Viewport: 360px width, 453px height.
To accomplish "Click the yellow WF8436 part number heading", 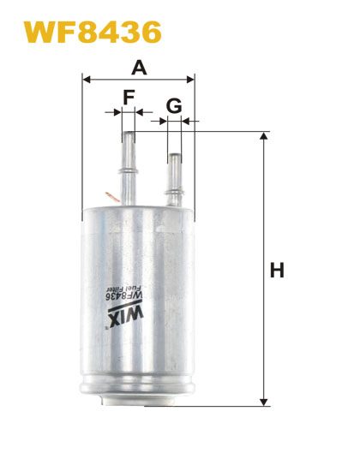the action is click(x=93, y=32).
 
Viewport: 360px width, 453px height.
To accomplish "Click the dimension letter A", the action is click(x=139, y=68).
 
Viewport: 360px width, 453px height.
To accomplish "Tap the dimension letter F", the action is click(x=129, y=97).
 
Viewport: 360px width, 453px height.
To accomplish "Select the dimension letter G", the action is click(x=174, y=105).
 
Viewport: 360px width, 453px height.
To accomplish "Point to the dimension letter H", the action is click(x=277, y=270).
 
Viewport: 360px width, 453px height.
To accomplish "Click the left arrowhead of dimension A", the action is click(x=87, y=80).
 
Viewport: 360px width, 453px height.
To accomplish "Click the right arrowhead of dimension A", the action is click(x=190, y=80).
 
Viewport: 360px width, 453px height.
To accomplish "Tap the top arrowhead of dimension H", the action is click(x=263, y=136).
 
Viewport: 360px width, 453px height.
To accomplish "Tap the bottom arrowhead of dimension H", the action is click(x=263, y=402).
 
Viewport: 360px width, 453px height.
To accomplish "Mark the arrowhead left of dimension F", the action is click(x=118, y=112).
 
